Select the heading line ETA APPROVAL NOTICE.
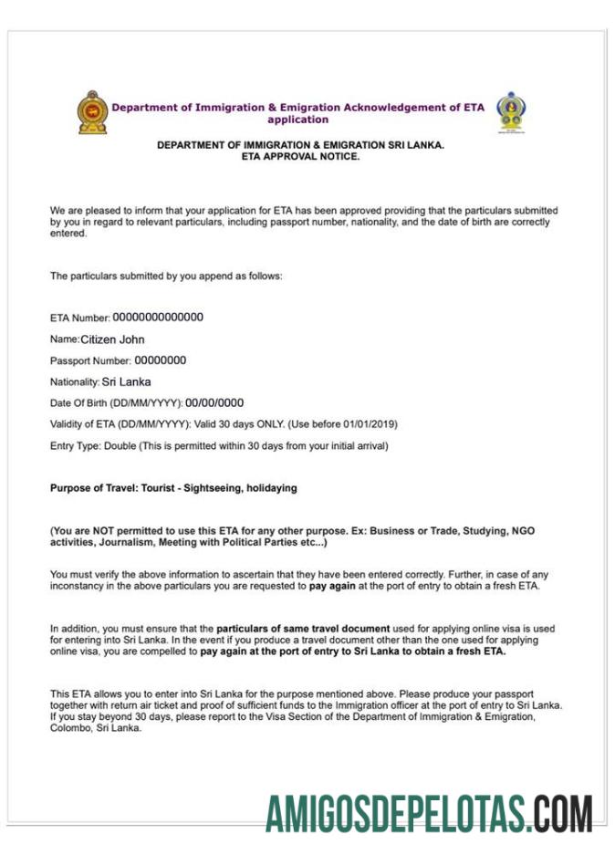[x=300, y=156]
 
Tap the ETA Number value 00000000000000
[x=158, y=318]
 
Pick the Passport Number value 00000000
[x=161, y=360]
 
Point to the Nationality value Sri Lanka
[x=127, y=381]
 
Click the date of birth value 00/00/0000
[x=214, y=402]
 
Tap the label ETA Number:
[x=79, y=318]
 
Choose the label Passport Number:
[x=89, y=361]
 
